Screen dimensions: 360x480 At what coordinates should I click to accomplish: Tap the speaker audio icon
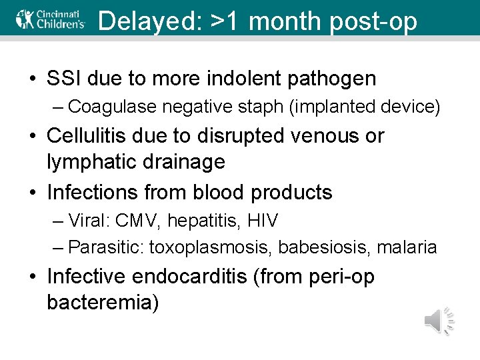[x=439, y=321]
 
